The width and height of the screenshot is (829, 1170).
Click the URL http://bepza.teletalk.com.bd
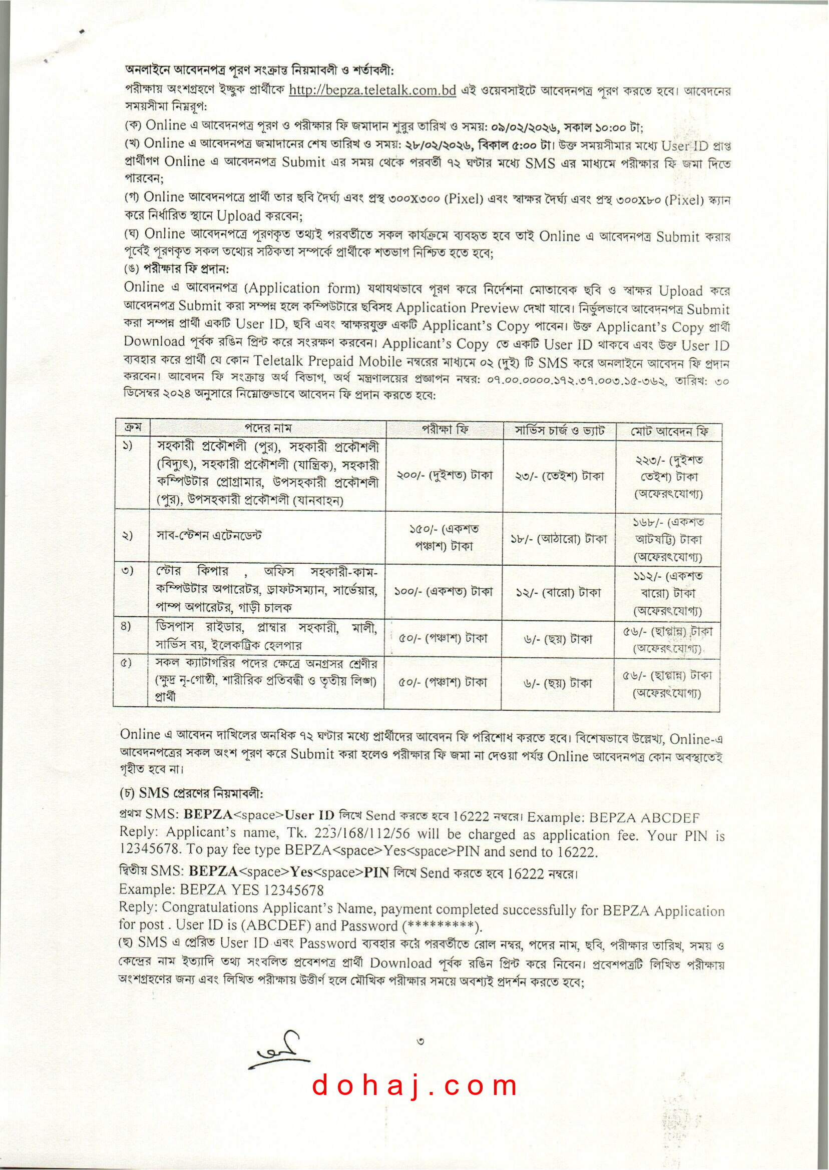pos(372,90)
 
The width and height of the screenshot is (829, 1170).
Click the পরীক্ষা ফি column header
pos(445,430)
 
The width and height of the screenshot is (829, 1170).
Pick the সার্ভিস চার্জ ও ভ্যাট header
pos(560,431)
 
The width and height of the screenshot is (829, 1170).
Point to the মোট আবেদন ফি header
pos(669,432)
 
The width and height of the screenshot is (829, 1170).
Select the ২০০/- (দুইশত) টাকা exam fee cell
pos(445,475)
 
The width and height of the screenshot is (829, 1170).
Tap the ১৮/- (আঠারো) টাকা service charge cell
pos(559,538)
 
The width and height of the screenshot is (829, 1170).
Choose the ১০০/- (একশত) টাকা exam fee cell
pos(444,592)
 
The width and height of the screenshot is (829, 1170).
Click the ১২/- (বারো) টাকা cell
pos(559,593)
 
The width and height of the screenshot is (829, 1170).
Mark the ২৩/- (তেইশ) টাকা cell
pos(560,476)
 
